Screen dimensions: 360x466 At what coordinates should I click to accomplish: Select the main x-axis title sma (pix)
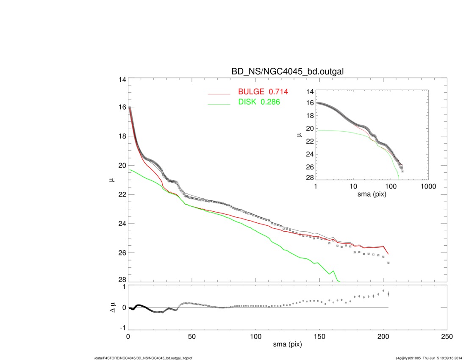[x=287, y=345]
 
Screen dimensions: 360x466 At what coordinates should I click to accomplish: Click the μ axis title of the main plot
[x=111, y=180]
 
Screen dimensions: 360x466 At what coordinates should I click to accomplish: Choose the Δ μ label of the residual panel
[x=111, y=307]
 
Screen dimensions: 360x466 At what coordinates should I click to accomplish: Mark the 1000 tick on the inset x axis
[x=428, y=187]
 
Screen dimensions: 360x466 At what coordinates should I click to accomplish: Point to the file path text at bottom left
[x=143, y=358]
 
